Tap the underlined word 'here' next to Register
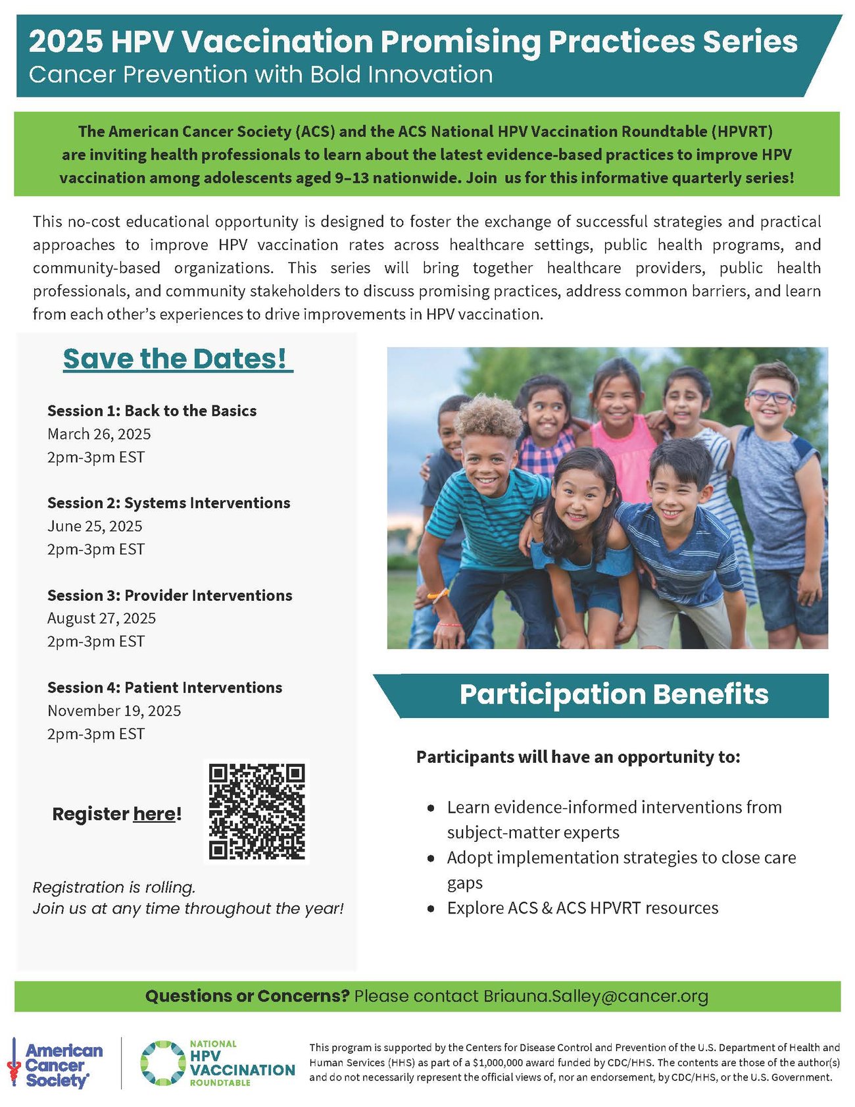155,814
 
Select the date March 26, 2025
99,434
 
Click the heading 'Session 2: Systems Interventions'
168,503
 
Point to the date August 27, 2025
101,619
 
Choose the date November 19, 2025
114,711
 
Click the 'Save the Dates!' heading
177,359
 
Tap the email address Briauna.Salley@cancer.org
596,996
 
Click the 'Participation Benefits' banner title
614,695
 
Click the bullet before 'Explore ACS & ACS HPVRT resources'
431,909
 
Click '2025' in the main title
66,42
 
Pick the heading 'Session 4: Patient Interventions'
164,688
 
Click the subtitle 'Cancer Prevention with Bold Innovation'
260,74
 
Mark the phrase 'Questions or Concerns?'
247,996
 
